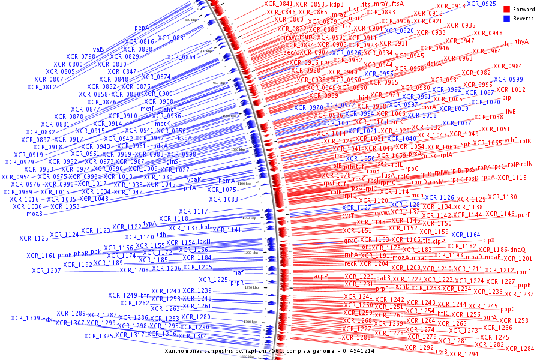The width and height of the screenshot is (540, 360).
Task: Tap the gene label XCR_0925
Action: pos(481,4)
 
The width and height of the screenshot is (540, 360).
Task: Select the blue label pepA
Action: pos(142,28)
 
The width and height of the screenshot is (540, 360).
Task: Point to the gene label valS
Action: pos(99,49)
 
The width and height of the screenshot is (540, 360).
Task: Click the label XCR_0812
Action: pos(41,87)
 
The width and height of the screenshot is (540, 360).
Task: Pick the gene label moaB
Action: pos(34,214)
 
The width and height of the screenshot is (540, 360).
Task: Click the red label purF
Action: pos(524,214)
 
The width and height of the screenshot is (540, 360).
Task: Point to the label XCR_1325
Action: pos(98,336)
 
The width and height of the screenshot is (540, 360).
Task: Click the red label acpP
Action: pos(321,276)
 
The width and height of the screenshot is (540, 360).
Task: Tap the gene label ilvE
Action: pos(511,112)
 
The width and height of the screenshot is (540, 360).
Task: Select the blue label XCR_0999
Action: pos(508,79)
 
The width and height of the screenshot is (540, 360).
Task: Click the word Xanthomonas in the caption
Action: pos(187,350)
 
